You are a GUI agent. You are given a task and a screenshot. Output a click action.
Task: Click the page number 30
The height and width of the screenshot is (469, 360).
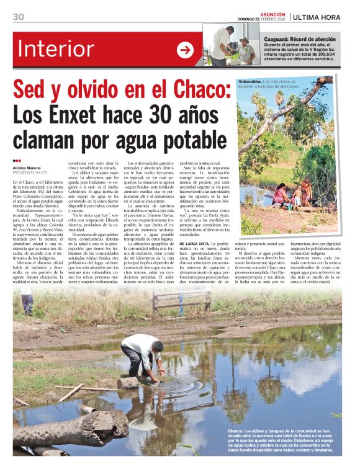[19, 17]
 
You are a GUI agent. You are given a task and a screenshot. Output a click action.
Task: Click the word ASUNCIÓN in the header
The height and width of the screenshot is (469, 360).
[273, 14]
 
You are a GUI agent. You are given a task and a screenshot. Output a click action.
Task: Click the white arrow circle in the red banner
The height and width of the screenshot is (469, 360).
[185, 50]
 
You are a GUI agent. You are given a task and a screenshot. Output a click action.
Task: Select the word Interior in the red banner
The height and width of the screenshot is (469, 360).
[56, 50]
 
